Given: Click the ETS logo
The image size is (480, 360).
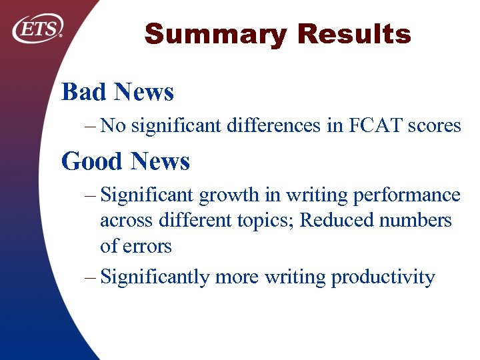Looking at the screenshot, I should [38, 29].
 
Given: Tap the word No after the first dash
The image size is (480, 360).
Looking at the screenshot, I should [113, 126].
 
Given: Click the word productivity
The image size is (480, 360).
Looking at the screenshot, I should [382, 277].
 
